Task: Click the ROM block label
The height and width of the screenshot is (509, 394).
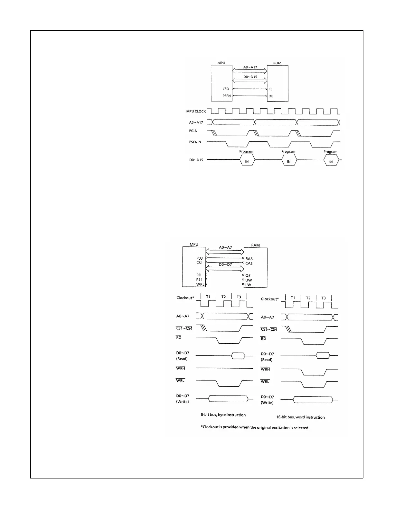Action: pyautogui.click(x=277, y=63)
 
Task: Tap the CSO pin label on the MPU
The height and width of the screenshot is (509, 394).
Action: pyautogui.click(x=226, y=89)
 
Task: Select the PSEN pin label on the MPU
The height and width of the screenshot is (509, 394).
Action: pyautogui.click(x=226, y=96)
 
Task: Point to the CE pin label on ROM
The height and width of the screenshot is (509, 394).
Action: pyautogui.click(x=270, y=89)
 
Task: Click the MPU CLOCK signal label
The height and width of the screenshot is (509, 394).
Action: pyautogui.click(x=196, y=112)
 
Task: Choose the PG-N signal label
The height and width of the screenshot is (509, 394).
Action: pyautogui.click(x=193, y=131)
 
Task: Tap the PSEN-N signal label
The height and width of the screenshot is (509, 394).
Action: pyautogui.click(x=195, y=142)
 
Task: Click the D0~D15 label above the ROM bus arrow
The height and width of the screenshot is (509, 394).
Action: pyautogui.click(x=250, y=77)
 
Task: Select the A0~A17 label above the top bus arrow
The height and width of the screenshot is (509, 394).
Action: pyautogui.click(x=250, y=67)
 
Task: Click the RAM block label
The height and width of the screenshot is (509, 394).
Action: pyautogui.click(x=255, y=245)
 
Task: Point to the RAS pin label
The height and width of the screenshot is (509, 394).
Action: pyautogui.click(x=249, y=259)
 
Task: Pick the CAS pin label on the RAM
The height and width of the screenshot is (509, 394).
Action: pyautogui.click(x=249, y=263)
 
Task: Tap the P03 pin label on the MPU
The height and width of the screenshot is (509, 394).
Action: pyautogui.click(x=200, y=258)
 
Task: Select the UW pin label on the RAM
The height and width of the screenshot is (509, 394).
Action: pyautogui.click(x=249, y=280)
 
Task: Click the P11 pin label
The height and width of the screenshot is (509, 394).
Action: pyautogui.click(x=200, y=280)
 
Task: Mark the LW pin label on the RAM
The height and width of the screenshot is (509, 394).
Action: pyautogui.click(x=248, y=285)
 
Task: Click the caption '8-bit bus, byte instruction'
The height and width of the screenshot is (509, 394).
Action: pyautogui.click(x=223, y=415)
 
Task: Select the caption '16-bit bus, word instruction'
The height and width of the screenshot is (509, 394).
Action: pyautogui.click(x=300, y=417)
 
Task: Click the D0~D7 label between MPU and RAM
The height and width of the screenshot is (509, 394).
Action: pyautogui.click(x=225, y=265)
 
